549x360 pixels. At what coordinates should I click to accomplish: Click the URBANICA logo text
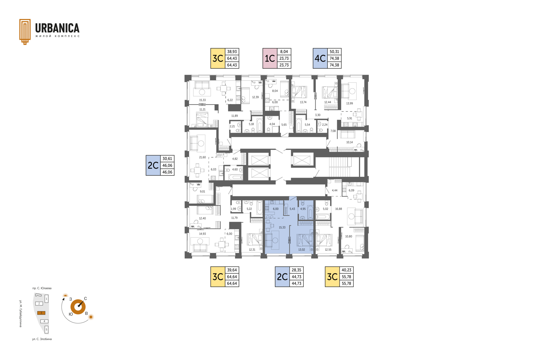pyautogui.click(x=57, y=28)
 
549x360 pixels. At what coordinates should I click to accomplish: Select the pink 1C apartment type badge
pyautogui.click(x=270, y=58)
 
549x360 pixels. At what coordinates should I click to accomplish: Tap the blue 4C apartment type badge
pyautogui.click(x=320, y=58)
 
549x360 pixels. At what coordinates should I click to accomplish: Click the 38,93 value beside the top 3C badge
pyautogui.click(x=232, y=52)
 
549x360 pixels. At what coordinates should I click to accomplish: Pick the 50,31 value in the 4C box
pyautogui.click(x=334, y=52)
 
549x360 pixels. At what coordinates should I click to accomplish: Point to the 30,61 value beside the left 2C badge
pyautogui.click(x=167, y=159)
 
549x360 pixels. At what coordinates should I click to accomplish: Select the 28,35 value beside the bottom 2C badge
pyautogui.click(x=297, y=270)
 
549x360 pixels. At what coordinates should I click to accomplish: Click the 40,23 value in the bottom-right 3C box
pyautogui.click(x=346, y=270)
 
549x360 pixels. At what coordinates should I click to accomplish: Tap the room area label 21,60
pyautogui.click(x=202, y=157)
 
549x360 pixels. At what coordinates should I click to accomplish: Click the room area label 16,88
pyautogui.click(x=339, y=209)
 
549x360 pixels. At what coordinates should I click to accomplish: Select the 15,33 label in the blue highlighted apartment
pyautogui.click(x=282, y=227)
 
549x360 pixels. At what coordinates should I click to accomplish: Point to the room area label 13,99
pyautogui.click(x=349, y=103)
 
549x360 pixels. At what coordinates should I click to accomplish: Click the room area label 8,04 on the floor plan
pyautogui.click(x=275, y=91)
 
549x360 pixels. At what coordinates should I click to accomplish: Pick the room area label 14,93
pyautogui.click(x=202, y=234)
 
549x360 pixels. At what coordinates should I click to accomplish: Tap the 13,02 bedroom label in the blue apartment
pyautogui.click(x=302, y=249)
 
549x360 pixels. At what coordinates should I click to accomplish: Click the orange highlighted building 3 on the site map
pyautogui.click(x=41, y=313)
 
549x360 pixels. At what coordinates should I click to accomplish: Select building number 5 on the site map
pyautogui.click(x=46, y=329)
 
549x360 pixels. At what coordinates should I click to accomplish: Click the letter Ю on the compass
pyautogui.click(x=71, y=314)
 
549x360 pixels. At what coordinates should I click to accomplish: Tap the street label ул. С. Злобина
pyautogui.click(x=42, y=339)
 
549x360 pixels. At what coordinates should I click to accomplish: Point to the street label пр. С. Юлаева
pyautogui.click(x=42, y=288)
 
